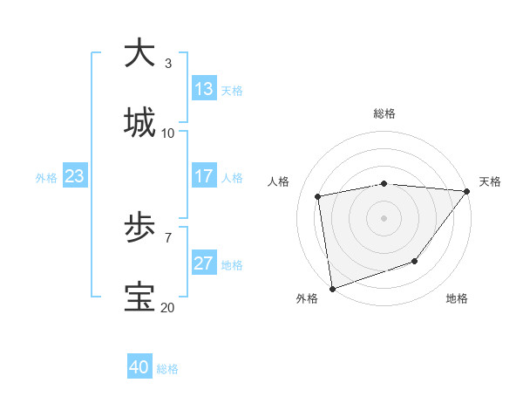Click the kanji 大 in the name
pos(140,53)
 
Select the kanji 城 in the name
pos(140,122)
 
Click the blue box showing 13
pos(204,89)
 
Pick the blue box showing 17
pos(204,176)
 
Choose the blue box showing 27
pos(204,263)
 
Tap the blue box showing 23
pos(75,176)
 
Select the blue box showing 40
pos(139,367)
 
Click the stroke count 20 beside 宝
pos(167,307)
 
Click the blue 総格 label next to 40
pos(167,369)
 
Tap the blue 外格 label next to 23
pos(46,178)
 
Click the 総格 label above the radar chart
pos(384,113)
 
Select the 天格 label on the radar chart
pos(490,181)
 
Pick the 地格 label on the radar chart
pos(457,299)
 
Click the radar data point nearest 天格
pos(468,191)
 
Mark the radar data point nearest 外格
pos(332,288)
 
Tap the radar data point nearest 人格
pos(319,196)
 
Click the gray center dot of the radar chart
pos(384,217)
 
